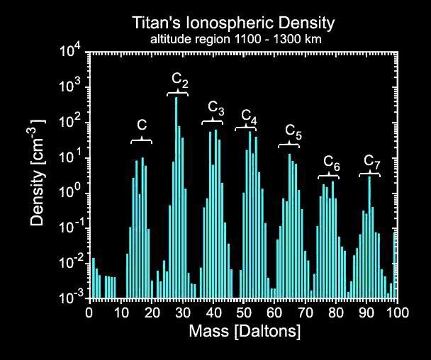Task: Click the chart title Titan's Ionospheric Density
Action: point(233,23)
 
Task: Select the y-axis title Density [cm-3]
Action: point(40,174)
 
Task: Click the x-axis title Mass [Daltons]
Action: point(244,331)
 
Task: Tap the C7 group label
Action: point(371,161)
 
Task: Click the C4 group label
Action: point(249,116)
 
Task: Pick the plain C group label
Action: point(142,125)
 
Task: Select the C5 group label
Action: point(293,132)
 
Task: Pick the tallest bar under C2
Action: point(176,198)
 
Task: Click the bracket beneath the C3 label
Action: point(213,123)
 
